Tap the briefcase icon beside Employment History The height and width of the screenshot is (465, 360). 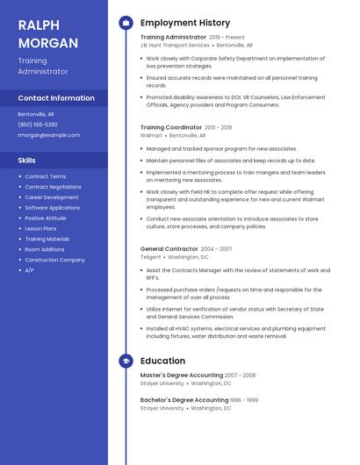coord(125,23)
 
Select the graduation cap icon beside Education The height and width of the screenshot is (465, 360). coord(125,361)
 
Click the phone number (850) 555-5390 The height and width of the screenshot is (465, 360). coord(38,125)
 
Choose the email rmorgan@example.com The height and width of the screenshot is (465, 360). coord(48,135)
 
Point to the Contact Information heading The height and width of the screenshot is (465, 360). coord(56,98)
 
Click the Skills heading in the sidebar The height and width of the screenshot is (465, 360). coord(27,161)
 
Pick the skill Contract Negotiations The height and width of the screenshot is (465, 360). coord(53,187)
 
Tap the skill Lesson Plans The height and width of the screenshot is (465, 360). coord(40,228)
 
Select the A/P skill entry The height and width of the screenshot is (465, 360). coord(29,270)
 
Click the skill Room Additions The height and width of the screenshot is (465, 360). coord(45,249)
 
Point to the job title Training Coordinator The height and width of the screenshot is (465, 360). coord(171,127)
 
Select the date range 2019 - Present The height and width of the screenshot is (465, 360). coord(227,37)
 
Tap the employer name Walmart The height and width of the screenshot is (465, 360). coord(151,136)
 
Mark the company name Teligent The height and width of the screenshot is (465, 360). coord(151,257)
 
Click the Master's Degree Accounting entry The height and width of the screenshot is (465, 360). coord(182,375)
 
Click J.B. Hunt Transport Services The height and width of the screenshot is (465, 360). coord(175,45)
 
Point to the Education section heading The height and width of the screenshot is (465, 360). coord(162,361)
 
